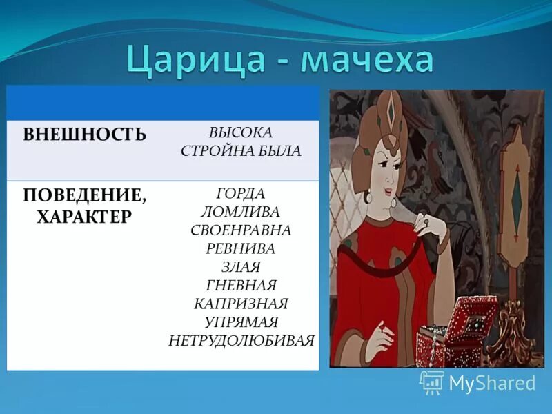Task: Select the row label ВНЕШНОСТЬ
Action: pyautogui.click(x=85, y=134)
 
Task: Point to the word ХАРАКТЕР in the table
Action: pyautogui.click(x=84, y=216)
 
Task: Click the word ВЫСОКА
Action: pyautogui.click(x=241, y=132)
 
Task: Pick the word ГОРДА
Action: pyautogui.click(x=241, y=194)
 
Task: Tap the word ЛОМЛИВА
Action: pyautogui.click(x=241, y=212)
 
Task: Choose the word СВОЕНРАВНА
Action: pyautogui.click(x=241, y=230)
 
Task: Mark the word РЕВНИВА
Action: pyautogui.click(x=241, y=248)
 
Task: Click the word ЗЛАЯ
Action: pyautogui.click(x=241, y=266)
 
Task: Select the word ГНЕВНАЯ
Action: pyautogui.click(x=241, y=285)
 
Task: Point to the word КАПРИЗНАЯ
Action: pyautogui.click(x=241, y=304)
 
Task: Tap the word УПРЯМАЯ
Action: pyautogui.click(x=241, y=322)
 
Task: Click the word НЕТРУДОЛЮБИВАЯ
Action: pyautogui.click(x=241, y=340)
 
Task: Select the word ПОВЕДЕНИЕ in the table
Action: pyautogui.click(x=81, y=195)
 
